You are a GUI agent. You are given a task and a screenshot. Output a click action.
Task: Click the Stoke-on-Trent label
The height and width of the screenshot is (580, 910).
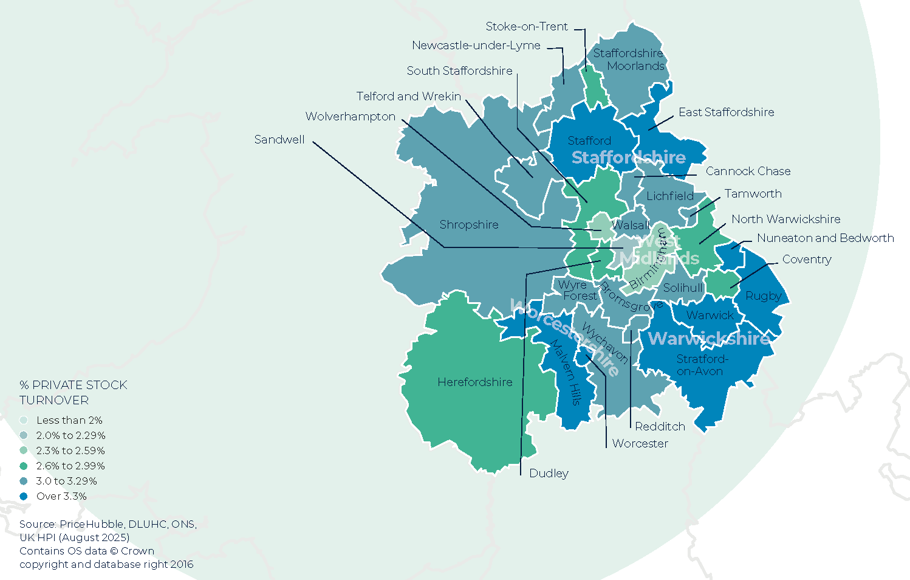pos(526,27)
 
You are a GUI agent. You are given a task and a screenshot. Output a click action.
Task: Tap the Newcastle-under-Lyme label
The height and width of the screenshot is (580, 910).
pos(476,46)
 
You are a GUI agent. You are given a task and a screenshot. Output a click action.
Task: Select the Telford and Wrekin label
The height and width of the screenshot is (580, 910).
pos(408,97)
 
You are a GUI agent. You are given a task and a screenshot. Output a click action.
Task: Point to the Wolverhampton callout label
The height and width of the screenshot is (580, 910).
pos(350,117)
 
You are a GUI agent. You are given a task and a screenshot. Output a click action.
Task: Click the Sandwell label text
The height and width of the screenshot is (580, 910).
pos(279,140)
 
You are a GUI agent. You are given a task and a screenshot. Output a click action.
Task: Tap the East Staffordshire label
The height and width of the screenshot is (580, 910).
pos(726,112)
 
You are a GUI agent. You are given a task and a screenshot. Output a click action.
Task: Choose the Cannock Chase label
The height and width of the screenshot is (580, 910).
pos(748,171)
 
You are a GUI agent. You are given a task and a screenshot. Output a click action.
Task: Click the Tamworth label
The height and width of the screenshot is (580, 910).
pos(753,194)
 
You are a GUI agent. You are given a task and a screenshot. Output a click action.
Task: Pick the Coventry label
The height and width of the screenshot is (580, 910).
pos(806,260)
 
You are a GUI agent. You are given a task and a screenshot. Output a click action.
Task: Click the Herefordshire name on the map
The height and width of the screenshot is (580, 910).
pos(474,382)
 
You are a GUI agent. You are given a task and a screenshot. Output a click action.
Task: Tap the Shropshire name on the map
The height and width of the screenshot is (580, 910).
pos(468,225)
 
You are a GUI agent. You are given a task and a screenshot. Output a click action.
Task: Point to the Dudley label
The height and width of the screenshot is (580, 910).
pos(549,474)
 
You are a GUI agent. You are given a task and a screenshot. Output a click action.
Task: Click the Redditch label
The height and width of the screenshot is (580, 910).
pos(660,427)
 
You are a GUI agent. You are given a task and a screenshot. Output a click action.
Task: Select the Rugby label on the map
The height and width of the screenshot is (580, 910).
pos(763,296)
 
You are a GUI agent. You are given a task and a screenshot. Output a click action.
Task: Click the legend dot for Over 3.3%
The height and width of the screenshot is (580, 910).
pos(24,496)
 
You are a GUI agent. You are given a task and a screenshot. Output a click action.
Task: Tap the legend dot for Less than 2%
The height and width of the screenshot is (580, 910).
pos(24,420)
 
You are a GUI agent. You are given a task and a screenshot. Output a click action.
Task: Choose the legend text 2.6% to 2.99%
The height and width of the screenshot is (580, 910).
pos(70,466)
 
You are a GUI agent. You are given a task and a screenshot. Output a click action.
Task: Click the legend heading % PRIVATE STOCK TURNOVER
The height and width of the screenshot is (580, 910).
pos(73,393)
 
